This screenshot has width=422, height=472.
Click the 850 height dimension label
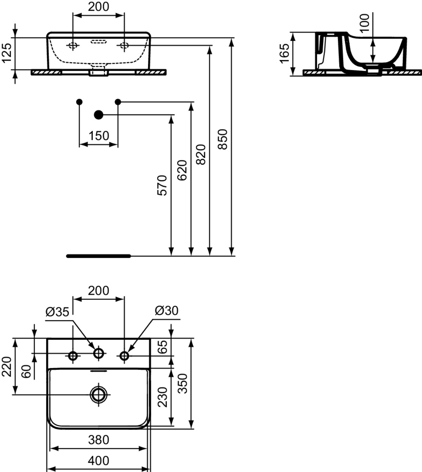[x=222, y=139]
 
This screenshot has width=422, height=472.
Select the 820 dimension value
[x=201, y=155]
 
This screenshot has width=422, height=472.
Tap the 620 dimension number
[x=182, y=170]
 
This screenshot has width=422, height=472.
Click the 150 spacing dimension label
[x=99, y=136]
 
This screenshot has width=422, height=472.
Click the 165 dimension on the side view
[x=284, y=54]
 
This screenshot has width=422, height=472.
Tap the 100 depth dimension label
[x=365, y=23]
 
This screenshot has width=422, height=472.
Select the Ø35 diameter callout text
[x=58, y=312]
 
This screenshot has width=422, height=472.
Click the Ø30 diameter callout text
[x=167, y=310]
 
